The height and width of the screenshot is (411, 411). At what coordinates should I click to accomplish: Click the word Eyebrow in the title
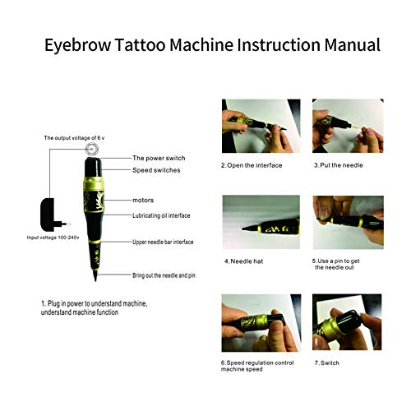tap(76, 44)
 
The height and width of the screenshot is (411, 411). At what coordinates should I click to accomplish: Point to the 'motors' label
tap(145, 199)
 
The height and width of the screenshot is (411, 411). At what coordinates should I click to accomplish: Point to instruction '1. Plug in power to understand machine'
tap(94, 303)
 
